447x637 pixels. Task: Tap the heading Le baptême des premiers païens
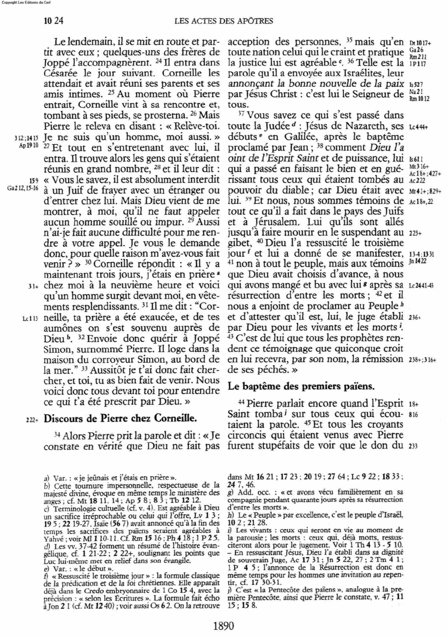[302, 387]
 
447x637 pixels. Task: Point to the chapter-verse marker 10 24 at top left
[53, 21]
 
